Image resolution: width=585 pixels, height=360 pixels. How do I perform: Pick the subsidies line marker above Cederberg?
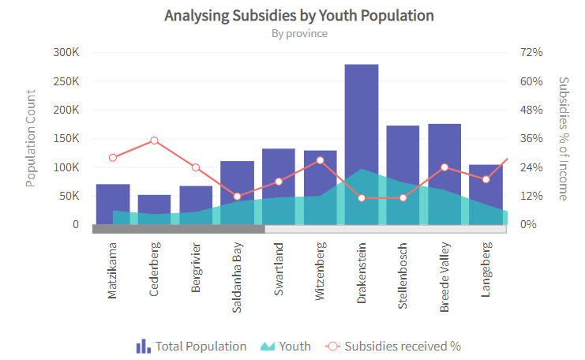[x=155, y=141]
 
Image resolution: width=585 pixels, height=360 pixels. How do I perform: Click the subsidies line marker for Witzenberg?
[x=320, y=160]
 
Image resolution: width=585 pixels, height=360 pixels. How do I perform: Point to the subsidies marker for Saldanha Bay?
[x=238, y=197]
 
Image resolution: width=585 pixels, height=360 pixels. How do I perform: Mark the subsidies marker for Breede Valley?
[x=444, y=167]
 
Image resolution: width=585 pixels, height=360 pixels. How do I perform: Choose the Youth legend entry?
[x=285, y=346]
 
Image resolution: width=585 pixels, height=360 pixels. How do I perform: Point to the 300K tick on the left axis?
[x=66, y=52]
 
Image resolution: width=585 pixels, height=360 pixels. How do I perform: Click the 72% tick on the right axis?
[x=531, y=52]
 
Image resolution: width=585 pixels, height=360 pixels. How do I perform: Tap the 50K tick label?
[x=69, y=196]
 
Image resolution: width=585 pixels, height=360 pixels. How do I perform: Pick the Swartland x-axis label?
[x=279, y=270]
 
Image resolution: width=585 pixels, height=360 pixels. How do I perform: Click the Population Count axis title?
[x=31, y=138]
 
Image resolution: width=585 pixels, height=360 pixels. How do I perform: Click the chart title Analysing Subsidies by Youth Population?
[x=299, y=16]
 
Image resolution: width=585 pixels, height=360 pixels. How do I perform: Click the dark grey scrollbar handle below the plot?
[x=178, y=229]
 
